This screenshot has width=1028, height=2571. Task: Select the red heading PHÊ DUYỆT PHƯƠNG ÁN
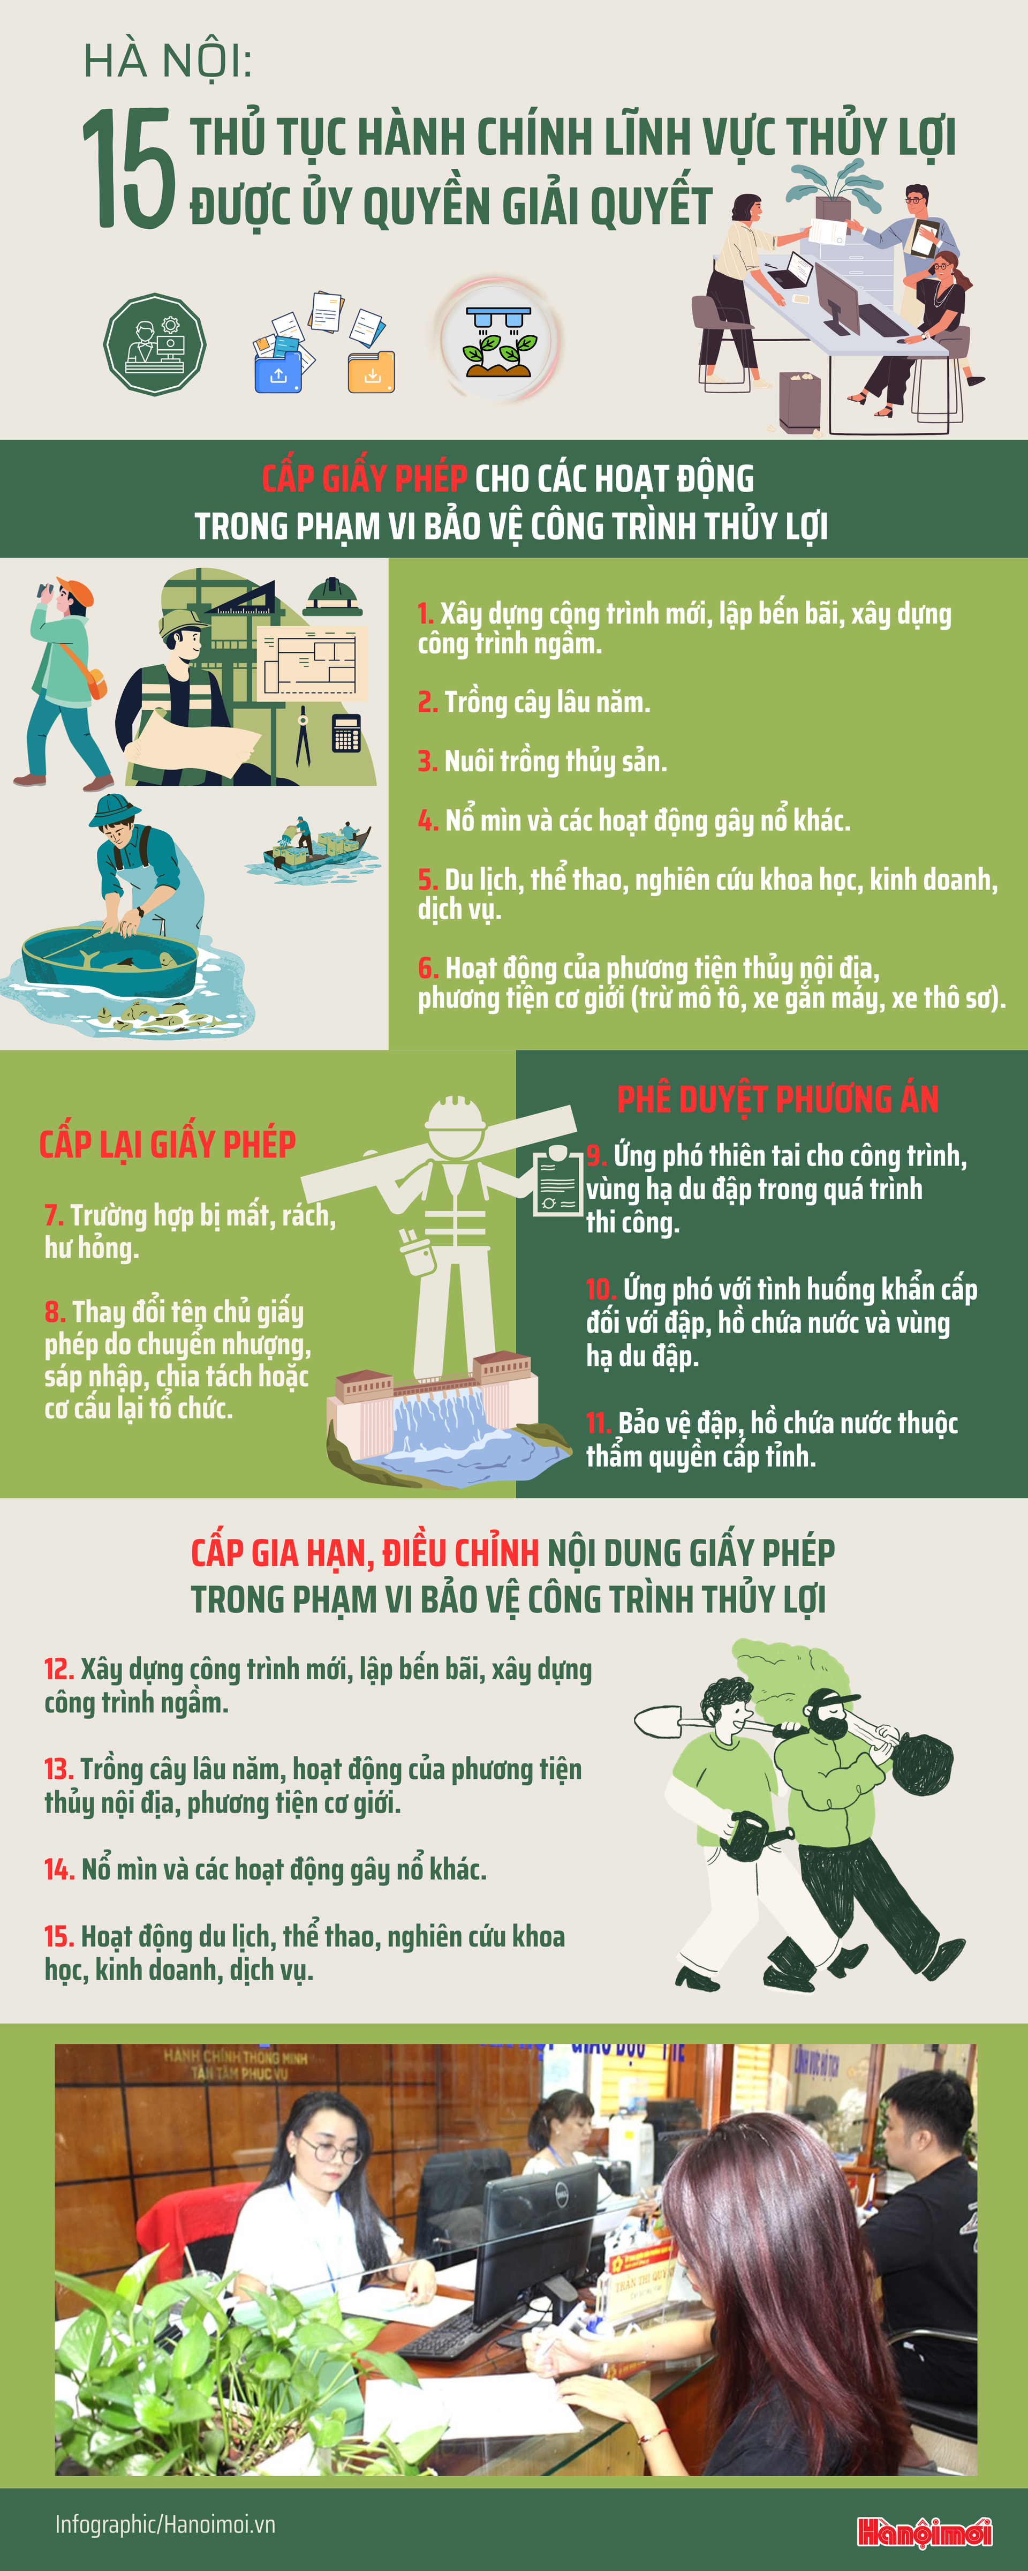coord(777,1099)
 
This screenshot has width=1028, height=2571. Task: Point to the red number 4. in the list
coord(427,821)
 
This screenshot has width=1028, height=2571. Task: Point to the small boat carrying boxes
coord(315,846)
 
